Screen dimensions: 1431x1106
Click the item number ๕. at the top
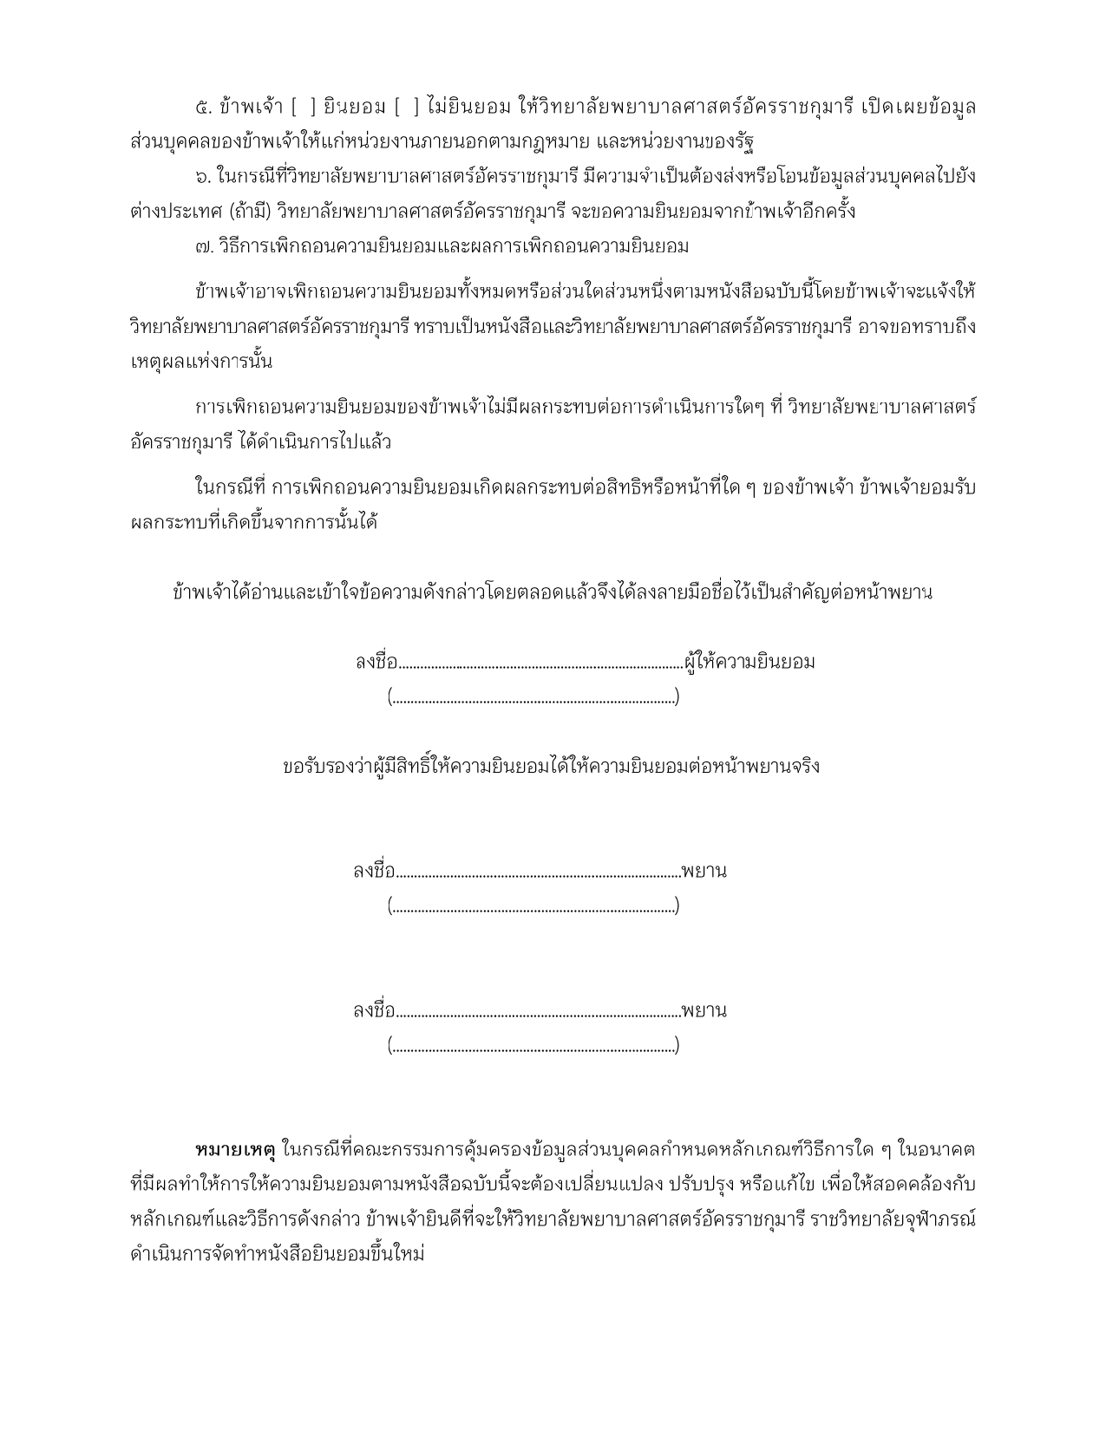(x=205, y=108)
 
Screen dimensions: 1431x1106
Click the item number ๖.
(x=204, y=177)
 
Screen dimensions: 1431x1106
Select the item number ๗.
(x=205, y=246)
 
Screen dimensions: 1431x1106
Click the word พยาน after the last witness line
(x=704, y=1011)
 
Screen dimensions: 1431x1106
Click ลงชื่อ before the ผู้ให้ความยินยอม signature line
(x=376, y=663)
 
